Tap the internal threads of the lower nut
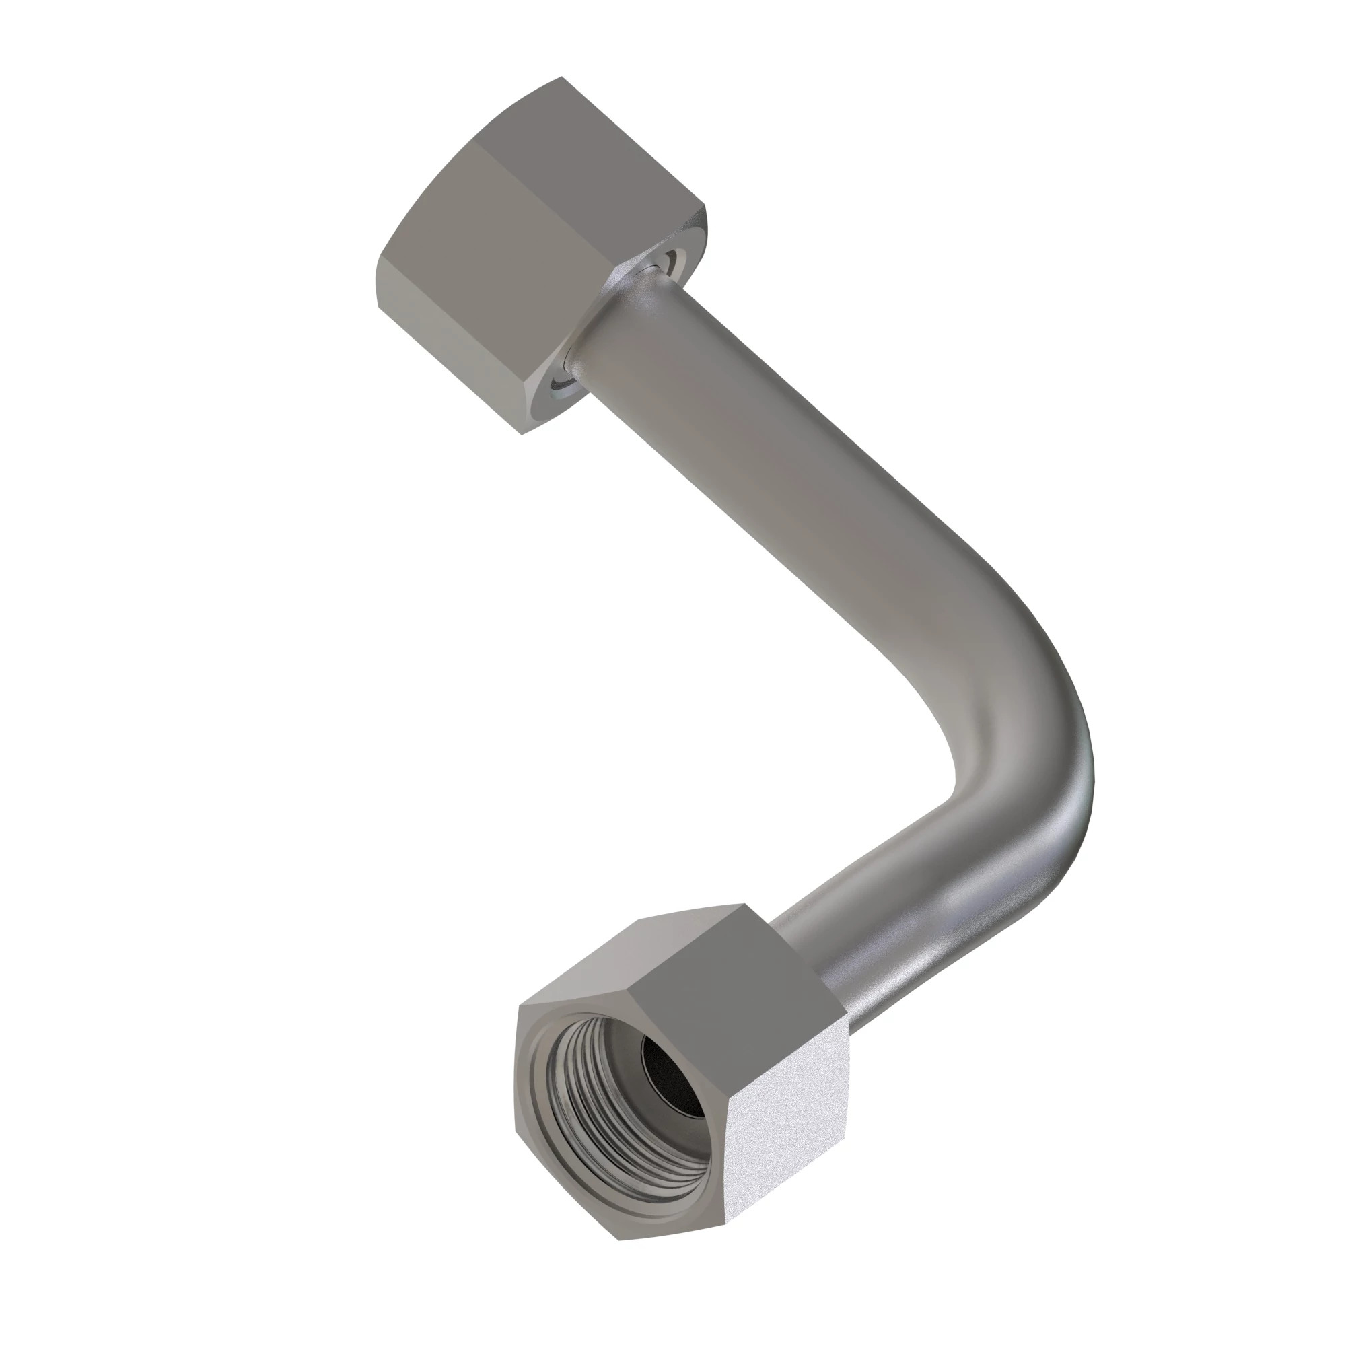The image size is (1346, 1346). click(x=592, y=1108)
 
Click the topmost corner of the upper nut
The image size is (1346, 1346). click(x=561, y=77)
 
